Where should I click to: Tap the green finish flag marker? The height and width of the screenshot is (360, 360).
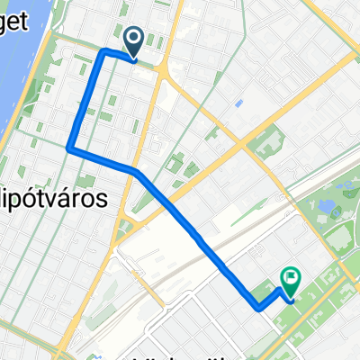290,280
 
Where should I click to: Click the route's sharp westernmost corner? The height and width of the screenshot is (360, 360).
69,148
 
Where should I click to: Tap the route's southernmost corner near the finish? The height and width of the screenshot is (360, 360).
259,308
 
